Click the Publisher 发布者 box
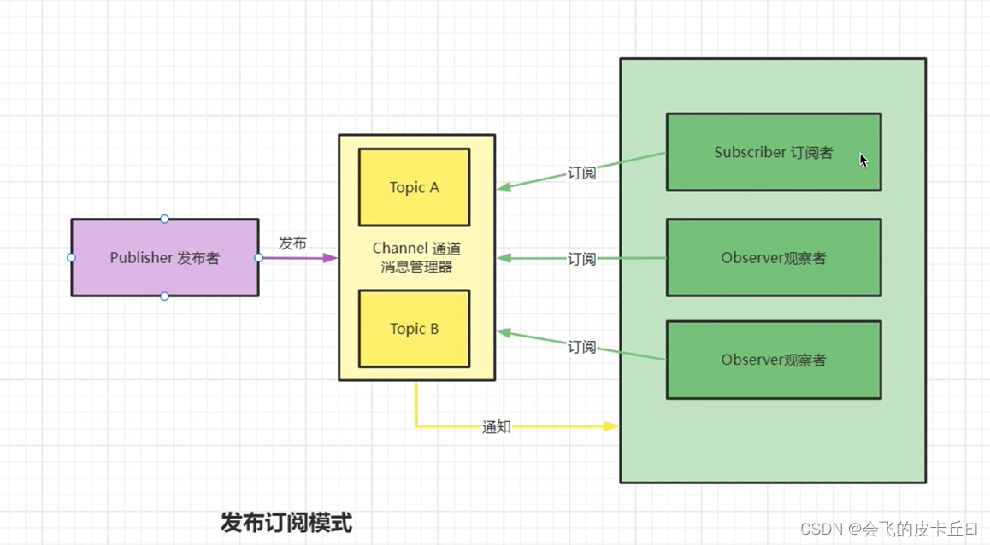pos(164,257)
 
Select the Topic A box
pos(414,187)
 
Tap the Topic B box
pos(414,329)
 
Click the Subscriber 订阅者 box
pos(773,152)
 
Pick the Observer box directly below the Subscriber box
pos(773,258)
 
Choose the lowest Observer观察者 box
pos(773,360)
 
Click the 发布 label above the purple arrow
pos(292,243)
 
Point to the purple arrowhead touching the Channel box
pos(331,257)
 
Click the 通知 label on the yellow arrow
pos(497,426)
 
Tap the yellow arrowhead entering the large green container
pos(611,425)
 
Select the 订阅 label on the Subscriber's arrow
pos(581,173)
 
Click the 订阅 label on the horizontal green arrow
pos(581,258)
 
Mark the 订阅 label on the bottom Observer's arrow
pos(581,346)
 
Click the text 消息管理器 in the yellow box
pos(416,267)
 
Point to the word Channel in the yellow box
pos(399,249)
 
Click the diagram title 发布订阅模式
pos(286,522)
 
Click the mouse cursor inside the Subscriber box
pos(863,160)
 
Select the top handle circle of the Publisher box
pos(164,219)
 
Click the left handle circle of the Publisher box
pos(71,257)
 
